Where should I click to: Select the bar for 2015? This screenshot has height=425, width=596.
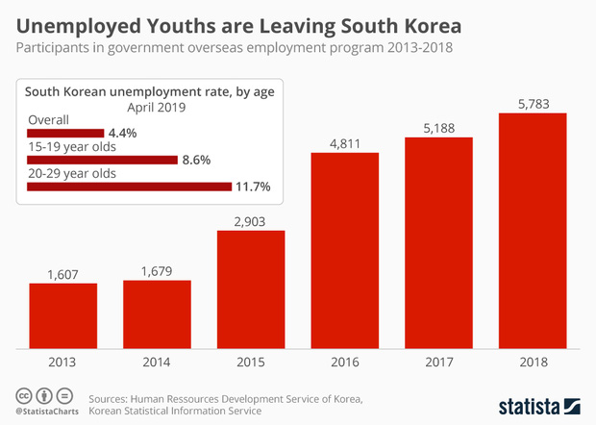(x=251, y=288)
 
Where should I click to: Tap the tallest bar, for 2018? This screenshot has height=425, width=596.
(x=533, y=231)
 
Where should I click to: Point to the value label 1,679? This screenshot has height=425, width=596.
(x=157, y=271)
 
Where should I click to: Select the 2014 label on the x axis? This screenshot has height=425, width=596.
(x=157, y=364)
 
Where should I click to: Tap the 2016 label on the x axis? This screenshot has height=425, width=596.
(x=344, y=364)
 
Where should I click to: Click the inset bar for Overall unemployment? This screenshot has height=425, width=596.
(x=65, y=133)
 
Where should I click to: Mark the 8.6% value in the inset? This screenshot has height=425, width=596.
(x=196, y=160)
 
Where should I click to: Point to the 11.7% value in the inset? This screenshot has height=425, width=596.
(x=252, y=187)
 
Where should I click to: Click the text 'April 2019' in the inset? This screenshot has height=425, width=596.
(x=149, y=109)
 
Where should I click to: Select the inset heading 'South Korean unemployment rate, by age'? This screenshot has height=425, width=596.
(x=149, y=92)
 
